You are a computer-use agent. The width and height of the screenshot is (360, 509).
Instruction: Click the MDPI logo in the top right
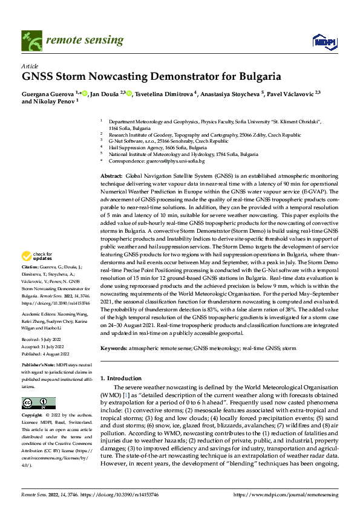(324, 41)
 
